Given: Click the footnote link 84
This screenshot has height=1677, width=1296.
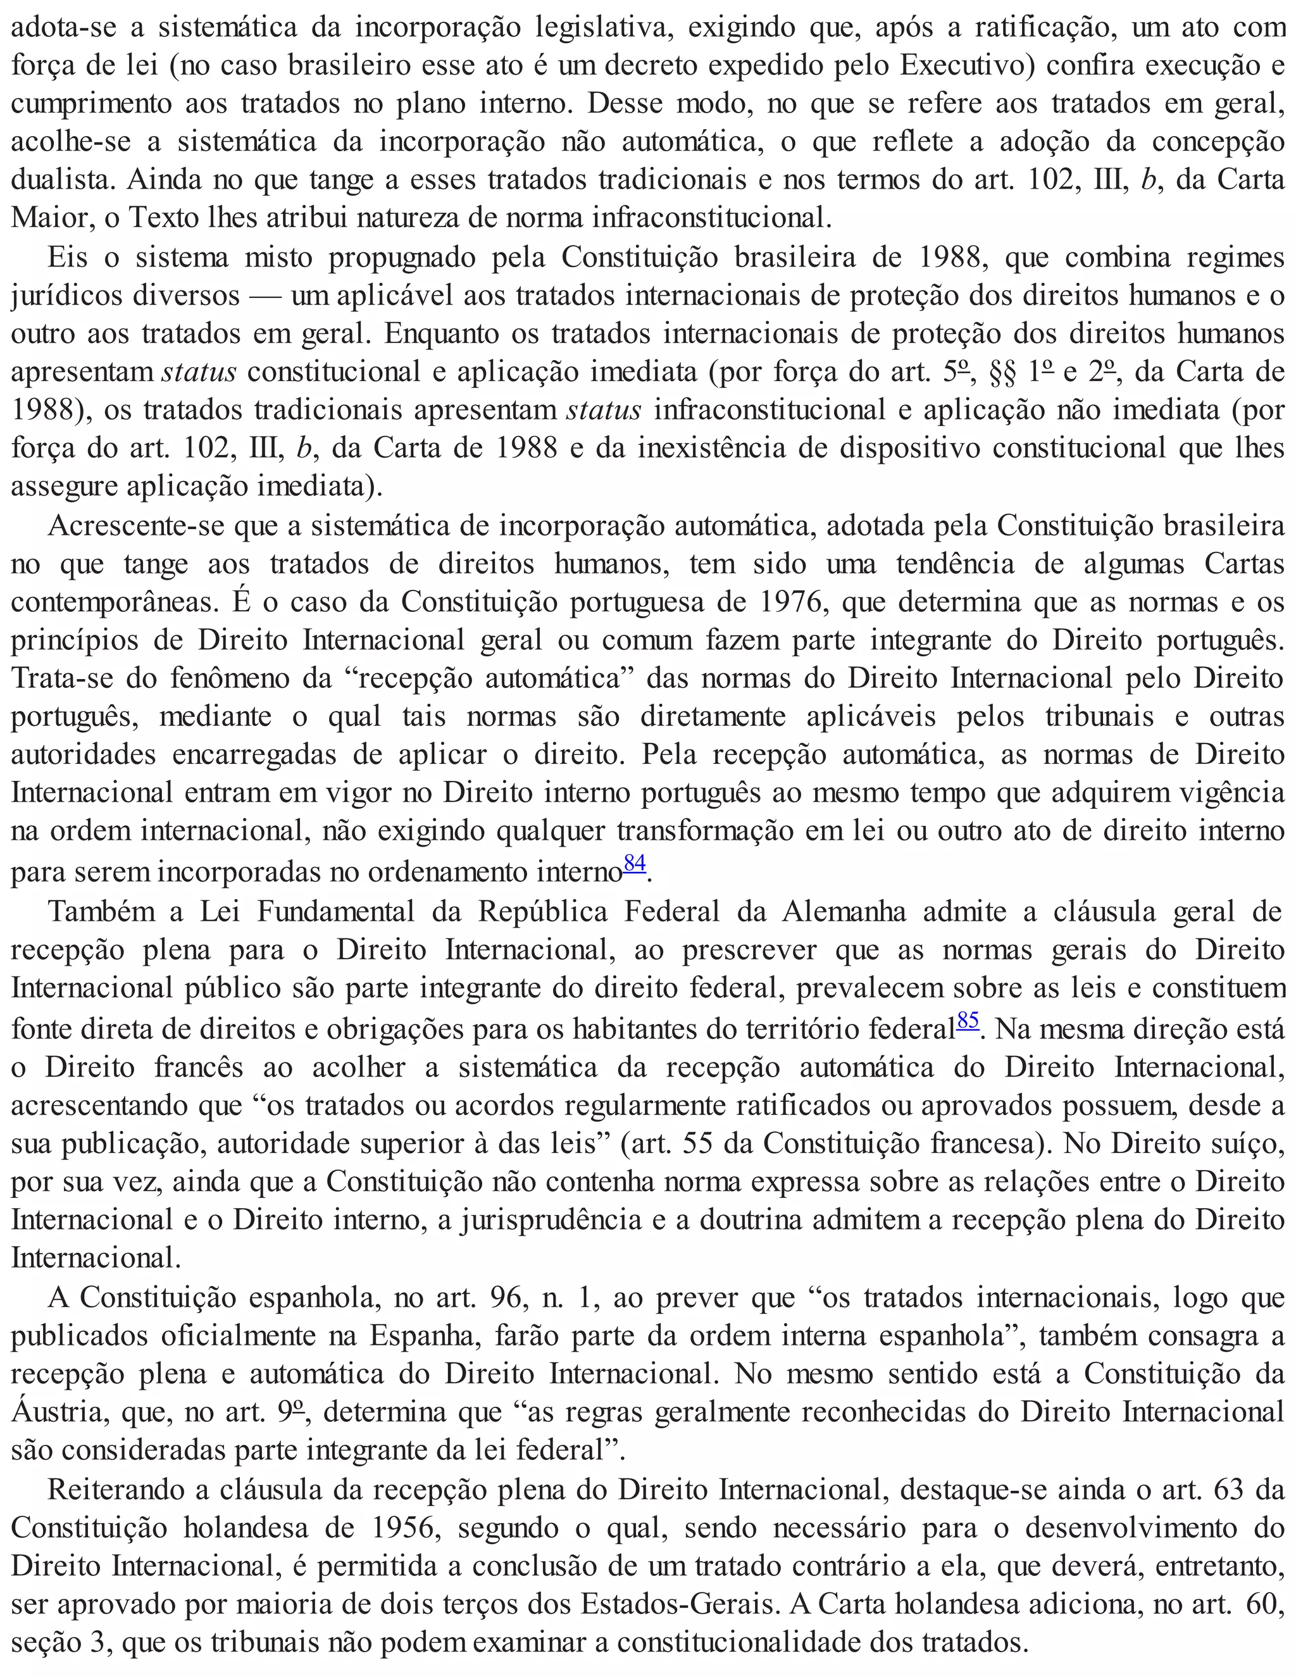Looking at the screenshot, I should pyautogui.click(x=634, y=863).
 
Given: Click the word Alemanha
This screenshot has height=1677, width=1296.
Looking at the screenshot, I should pyautogui.click(x=845, y=911).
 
